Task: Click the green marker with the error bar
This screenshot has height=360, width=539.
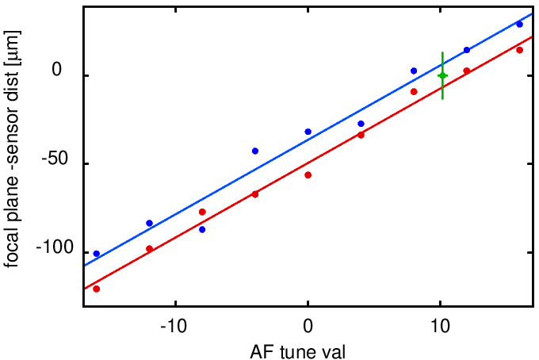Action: pos(442,75)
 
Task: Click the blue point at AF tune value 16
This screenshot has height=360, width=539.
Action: pos(519,24)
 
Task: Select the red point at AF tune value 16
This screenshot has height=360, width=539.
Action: pos(519,50)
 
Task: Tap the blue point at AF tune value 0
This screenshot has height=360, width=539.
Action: pos(308,132)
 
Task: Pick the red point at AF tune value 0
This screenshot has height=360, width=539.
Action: pos(308,174)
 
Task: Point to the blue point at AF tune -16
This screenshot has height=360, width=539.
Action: pos(97,254)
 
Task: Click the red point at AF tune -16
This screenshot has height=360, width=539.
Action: pos(97,289)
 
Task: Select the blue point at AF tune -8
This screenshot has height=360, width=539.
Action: pos(202,229)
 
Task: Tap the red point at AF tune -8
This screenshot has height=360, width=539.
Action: pos(202,212)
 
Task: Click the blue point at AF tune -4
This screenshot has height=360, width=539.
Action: pos(255,151)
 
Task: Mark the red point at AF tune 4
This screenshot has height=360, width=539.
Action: pos(361,135)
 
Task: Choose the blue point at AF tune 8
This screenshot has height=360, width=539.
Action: pos(414,71)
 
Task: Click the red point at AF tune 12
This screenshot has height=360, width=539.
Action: pos(467,71)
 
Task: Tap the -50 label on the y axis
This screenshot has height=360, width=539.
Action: pos(57,163)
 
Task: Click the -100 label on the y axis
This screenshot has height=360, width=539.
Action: pos(53,252)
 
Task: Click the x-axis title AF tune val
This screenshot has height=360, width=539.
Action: pos(308,348)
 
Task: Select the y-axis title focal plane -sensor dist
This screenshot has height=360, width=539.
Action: pos(13,149)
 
